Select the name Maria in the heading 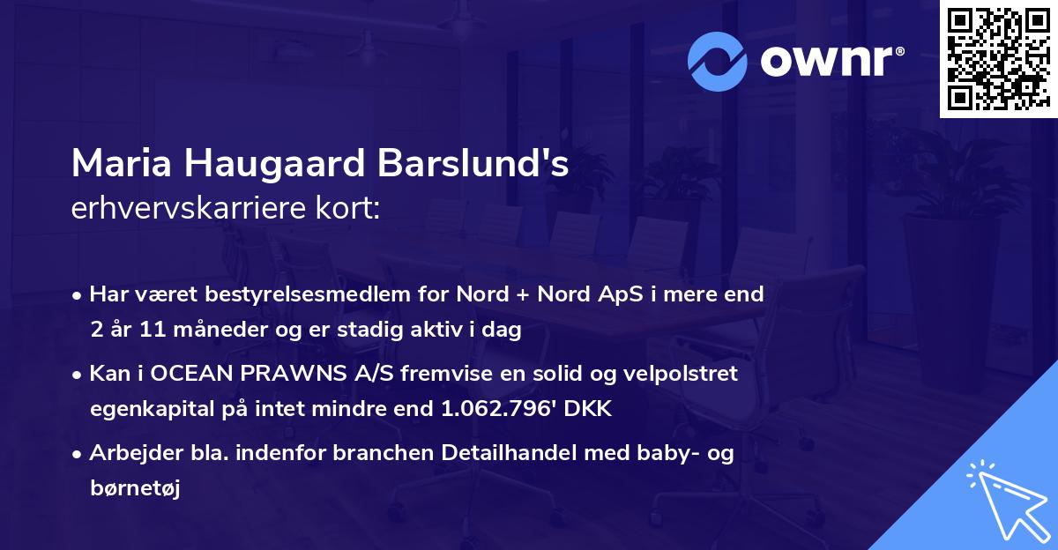(122, 166)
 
